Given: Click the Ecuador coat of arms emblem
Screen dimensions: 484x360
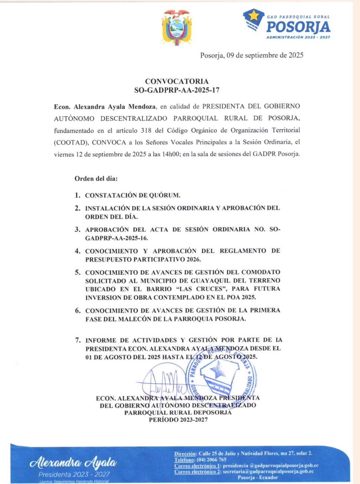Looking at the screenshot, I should [x=177, y=28].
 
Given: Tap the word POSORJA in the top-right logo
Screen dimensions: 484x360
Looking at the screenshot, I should [x=298, y=27].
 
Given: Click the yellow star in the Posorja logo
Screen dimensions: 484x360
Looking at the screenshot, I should [x=254, y=16].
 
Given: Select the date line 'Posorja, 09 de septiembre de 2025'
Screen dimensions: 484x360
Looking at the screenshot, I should [x=252, y=55].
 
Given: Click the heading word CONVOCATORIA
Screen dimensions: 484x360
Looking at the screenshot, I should [x=177, y=81].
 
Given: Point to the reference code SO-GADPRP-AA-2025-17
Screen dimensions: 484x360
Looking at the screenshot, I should [x=177, y=90].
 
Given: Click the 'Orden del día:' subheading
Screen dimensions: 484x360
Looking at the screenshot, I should [x=96, y=178].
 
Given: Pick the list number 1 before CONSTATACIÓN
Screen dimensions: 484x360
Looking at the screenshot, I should [x=77, y=195].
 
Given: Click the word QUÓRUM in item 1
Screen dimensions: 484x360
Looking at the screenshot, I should [x=164, y=195].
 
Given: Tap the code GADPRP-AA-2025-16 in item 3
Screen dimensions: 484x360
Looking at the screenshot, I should [x=117, y=238].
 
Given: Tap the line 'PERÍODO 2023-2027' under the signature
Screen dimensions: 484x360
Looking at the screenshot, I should [x=178, y=420].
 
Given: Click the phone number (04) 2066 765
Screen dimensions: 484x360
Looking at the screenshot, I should [x=212, y=460].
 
